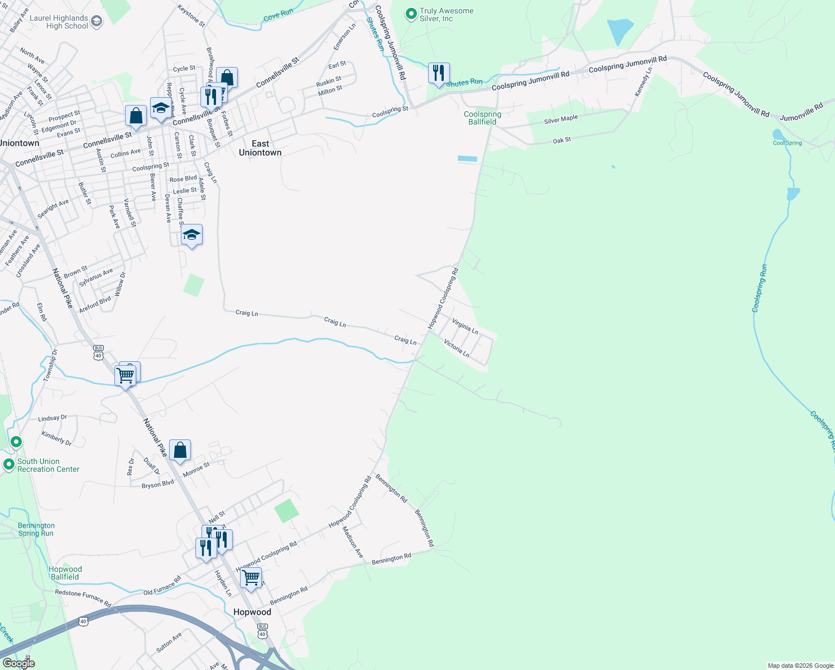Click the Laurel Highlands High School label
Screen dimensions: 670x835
(59, 22)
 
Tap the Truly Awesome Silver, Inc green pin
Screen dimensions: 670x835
(411, 13)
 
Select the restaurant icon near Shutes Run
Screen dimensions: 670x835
(439, 73)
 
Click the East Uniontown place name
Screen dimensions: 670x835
(260, 148)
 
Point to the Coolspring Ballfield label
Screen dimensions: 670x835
(482, 118)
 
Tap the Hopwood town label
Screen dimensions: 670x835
(252, 612)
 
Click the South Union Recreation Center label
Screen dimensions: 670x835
(48, 465)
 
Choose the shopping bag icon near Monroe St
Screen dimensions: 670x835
(180, 451)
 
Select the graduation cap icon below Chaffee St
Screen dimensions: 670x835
(191, 235)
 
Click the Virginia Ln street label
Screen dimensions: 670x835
(465, 327)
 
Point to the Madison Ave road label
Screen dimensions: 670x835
(353, 542)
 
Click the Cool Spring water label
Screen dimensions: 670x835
(787, 143)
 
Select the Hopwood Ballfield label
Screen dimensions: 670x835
(65, 573)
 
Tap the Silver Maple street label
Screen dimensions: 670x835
(561, 119)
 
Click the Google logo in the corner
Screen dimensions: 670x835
(19, 663)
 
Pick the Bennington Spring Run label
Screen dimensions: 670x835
(36, 529)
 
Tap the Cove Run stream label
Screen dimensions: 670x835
(278, 15)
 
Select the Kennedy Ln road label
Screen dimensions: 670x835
(643, 82)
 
